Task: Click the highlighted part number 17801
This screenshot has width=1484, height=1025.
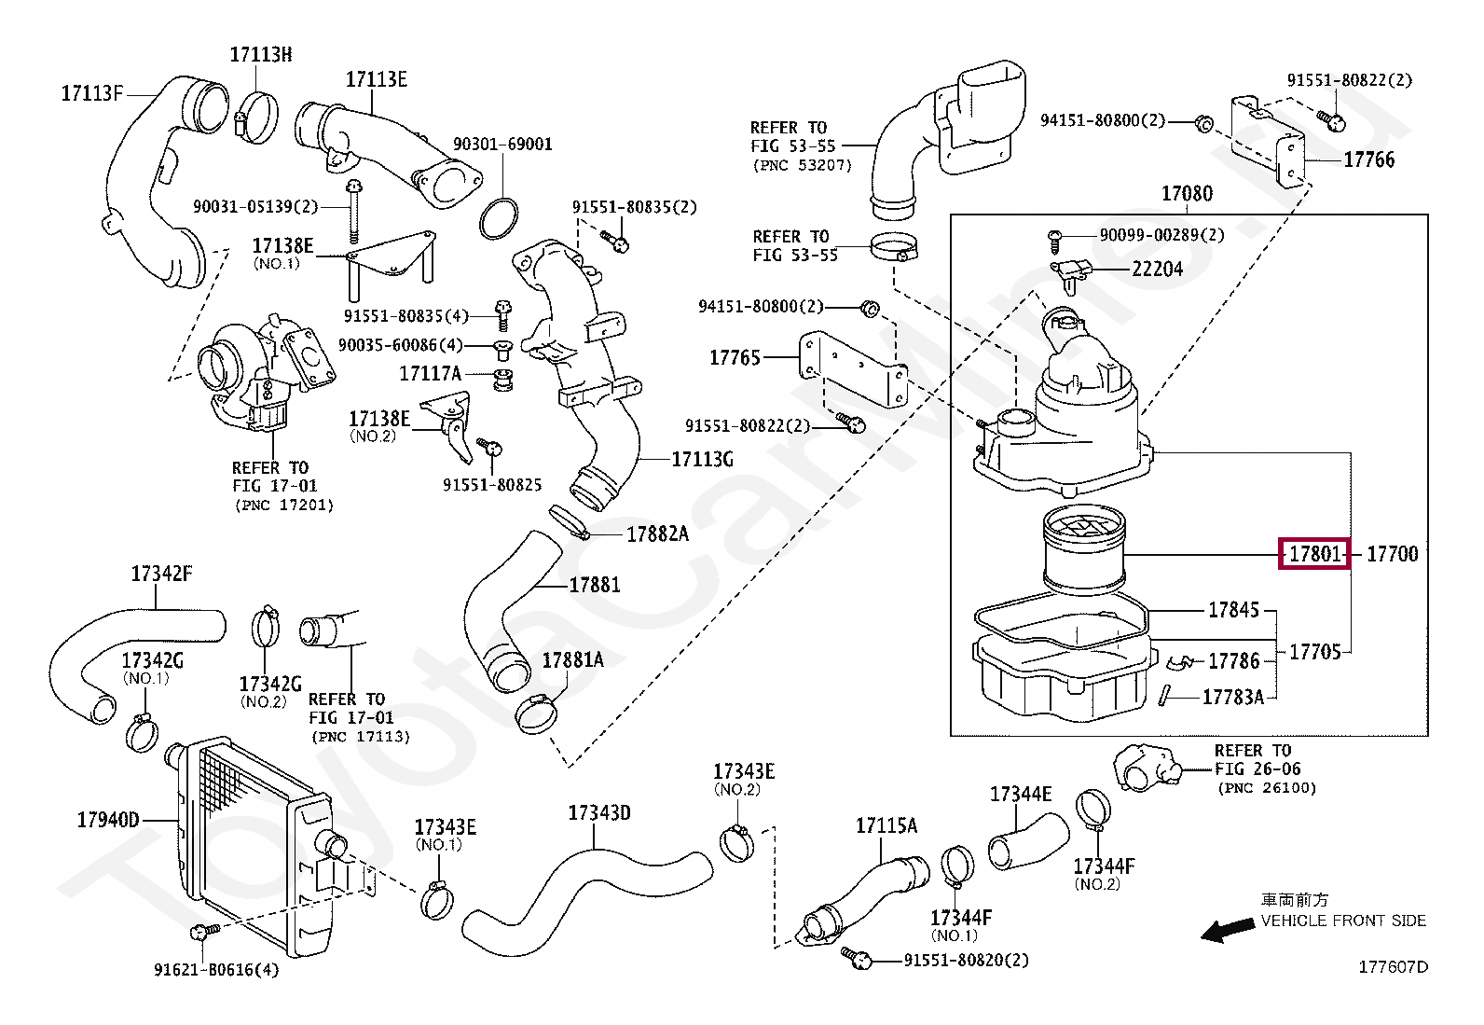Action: coord(1314,554)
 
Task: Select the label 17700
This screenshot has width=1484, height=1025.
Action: coord(1393,554)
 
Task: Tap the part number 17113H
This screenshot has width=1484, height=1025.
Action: coord(261,54)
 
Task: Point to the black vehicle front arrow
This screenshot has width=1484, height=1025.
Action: coord(1228,930)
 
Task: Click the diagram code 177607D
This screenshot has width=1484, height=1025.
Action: coord(1394,967)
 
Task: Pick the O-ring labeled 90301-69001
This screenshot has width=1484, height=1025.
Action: coord(498,218)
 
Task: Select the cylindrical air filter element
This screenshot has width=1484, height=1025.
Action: coord(1084,549)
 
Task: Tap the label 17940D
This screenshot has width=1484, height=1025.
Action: coord(108,820)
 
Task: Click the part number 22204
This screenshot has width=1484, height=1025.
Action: coord(1158,269)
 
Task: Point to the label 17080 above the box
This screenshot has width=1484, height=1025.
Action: coord(1188,194)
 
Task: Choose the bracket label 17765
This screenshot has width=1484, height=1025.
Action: coord(735,358)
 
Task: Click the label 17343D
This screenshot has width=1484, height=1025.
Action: coord(599,813)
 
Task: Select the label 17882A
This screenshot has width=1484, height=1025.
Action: coord(658,533)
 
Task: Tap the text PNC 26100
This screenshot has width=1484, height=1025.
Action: coord(1267,788)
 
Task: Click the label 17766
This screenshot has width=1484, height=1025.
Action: coord(1369,159)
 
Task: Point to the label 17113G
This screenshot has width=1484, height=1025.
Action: coord(702,459)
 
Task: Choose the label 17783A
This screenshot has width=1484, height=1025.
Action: coord(1233,697)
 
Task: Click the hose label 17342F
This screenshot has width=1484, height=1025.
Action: coord(161,574)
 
